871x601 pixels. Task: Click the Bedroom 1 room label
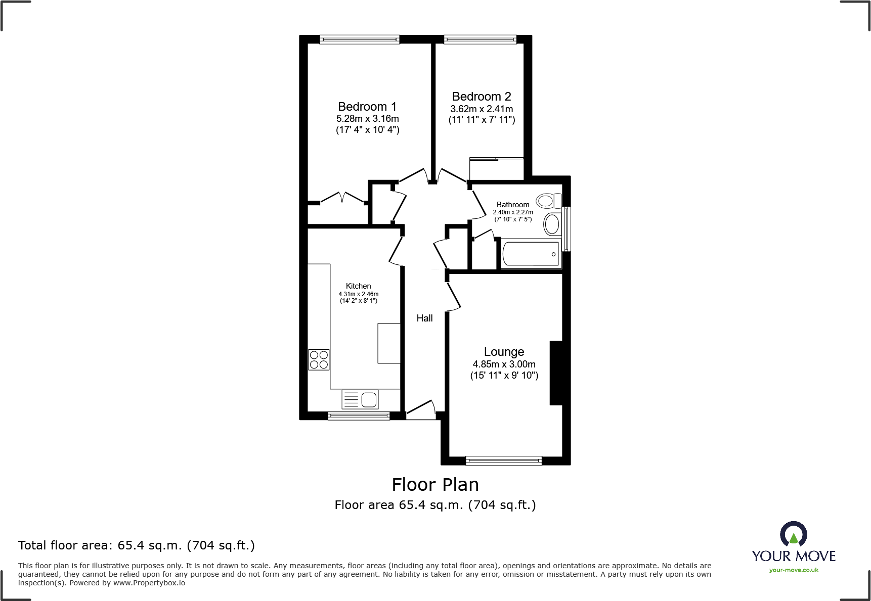[x=367, y=107]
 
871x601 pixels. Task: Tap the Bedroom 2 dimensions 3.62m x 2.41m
[x=482, y=109]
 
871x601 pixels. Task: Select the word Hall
[x=424, y=318]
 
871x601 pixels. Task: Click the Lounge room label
[x=504, y=352]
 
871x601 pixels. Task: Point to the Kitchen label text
[x=358, y=286]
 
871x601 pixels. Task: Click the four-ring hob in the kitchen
[x=319, y=359]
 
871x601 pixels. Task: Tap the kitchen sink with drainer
[x=360, y=399]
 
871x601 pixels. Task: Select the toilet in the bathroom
[x=548, y=201]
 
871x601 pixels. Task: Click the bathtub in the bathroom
[x=530, y=254]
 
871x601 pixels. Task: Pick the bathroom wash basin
[x=552, y=224]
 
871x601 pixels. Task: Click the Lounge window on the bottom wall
[x=503, y=460]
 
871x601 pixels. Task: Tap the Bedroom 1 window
[x=360, y=39]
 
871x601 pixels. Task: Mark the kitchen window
[x=359, y=416]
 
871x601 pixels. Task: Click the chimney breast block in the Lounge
[x=556, y=373]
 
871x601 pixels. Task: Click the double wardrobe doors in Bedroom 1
[x=343, y=198]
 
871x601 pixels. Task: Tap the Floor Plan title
[x=435, y=485]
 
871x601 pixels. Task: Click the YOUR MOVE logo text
[x=793, y=556]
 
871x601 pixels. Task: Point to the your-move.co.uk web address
[x=793, y=570]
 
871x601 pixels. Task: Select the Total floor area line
[x=137, y=545]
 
